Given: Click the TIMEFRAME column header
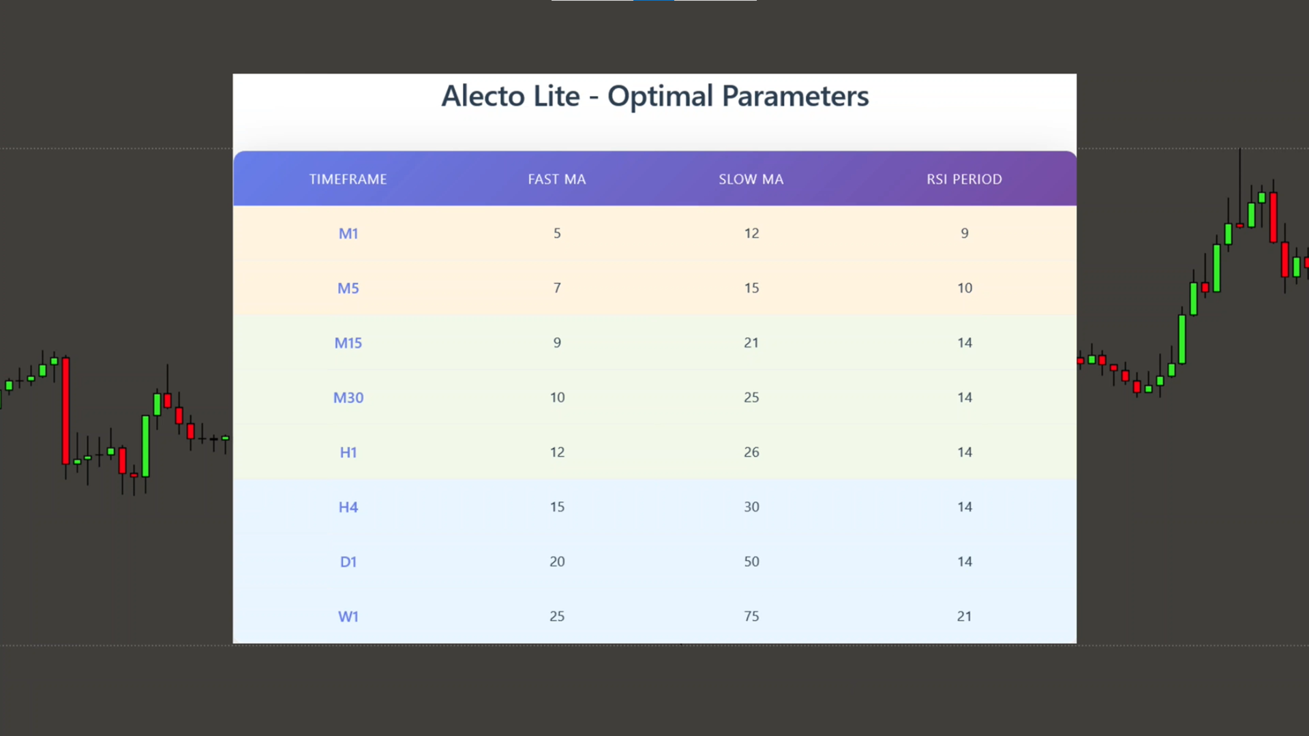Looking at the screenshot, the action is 348,179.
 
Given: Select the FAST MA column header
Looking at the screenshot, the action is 557,179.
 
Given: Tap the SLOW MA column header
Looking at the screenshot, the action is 751,179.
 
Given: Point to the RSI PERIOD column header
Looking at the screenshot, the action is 964,179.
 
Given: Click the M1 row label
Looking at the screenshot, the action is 348,234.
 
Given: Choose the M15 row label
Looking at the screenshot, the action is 348,343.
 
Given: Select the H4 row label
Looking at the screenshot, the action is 348,507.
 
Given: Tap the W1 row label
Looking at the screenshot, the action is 348,617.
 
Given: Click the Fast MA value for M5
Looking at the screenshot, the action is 557,288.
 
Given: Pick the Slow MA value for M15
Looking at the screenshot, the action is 751,343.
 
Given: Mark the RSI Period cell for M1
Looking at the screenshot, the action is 965,233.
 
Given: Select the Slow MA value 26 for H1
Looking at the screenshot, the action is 751,453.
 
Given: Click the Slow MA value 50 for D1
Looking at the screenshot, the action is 751,562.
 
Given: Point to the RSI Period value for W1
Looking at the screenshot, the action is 965,617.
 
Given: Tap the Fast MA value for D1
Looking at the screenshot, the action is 557,562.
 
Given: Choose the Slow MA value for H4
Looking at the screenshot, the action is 751,507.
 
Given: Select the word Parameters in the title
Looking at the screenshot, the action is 795,96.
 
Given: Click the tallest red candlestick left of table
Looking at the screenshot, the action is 65,411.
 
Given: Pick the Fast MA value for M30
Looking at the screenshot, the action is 557,397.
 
